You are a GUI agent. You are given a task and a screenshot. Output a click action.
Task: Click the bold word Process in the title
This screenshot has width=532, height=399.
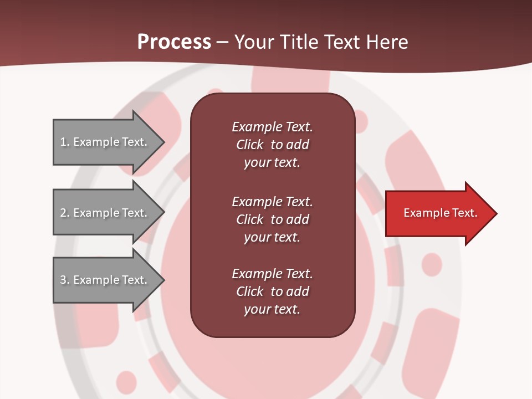[174, 42]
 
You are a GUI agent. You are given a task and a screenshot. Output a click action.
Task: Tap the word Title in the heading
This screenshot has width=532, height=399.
[299, 42]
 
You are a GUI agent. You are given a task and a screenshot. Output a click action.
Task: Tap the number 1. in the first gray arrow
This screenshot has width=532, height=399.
[65, 142]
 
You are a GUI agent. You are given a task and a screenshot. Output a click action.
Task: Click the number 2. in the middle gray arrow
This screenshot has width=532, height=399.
[65, 213]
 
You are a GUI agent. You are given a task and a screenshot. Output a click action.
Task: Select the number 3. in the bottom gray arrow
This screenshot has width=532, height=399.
[65, 280]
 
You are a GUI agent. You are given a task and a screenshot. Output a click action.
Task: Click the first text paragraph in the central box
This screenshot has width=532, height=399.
[272, 145]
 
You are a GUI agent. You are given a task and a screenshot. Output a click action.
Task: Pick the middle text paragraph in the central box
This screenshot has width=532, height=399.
[272, 219]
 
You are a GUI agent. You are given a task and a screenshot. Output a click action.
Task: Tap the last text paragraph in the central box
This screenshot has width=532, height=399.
[272, 291]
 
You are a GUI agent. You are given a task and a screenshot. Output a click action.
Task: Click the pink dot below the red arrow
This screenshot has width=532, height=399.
[432, 264]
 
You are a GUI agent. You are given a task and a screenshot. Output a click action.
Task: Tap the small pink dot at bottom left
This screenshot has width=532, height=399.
[126, 381]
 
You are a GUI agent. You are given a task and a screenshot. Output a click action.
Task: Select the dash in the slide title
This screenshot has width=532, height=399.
[223, 43]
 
